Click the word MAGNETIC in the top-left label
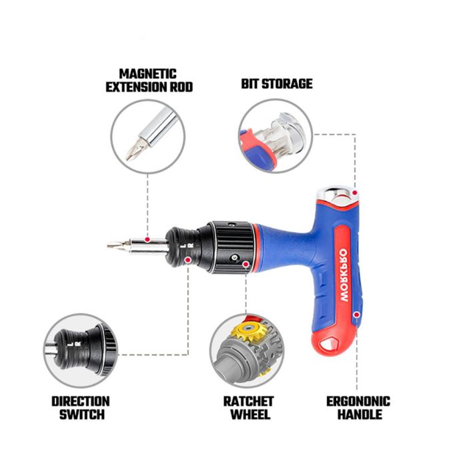(x=148, y=73)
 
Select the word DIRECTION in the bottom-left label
(x=80, y=401)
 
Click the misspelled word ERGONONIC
(x=358, y=401)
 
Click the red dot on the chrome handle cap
(x=356, y=193)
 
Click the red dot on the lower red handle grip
(x=357, y=313)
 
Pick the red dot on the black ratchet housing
(x=246, y=265)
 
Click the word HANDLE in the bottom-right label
(x=358, y=414)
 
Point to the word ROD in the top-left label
(x=181, y=87)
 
